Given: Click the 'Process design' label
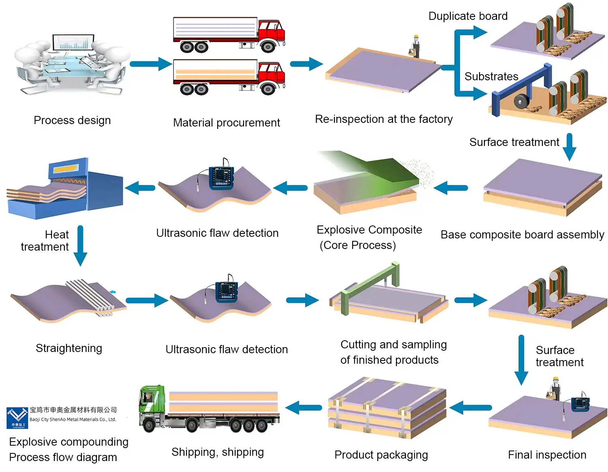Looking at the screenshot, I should (x=72, y=120).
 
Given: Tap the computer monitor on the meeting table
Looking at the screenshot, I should (x=73, y=43).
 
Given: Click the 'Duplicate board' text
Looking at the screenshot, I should (x=468, y=16).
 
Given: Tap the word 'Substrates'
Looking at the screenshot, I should (x=491, y=77).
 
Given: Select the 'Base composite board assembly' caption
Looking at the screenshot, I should (x=522, y=235).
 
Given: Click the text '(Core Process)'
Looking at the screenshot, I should (x=358, y=245).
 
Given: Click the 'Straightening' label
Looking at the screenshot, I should (x=69, y=348).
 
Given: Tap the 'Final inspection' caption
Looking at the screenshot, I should (x=547, y=455).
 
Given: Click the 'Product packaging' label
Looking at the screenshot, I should (x=381, y=455).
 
